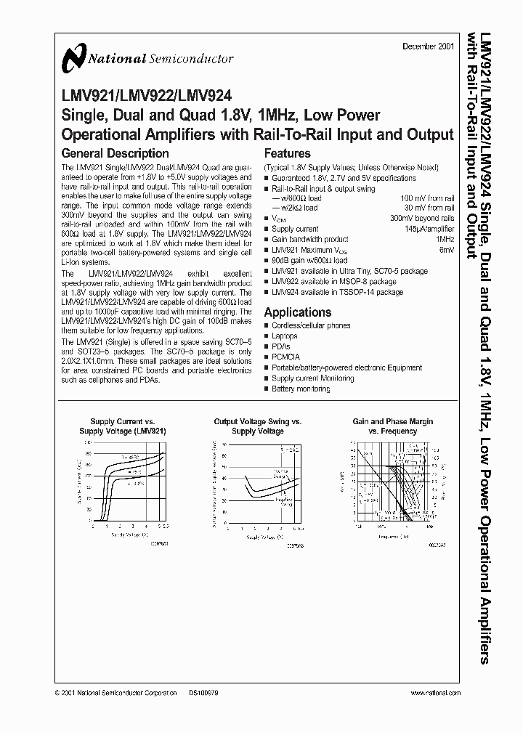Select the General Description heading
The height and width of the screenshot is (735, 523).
(115, 154)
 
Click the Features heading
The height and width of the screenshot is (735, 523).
(287, 154)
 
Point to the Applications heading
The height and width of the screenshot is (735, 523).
(297, 312)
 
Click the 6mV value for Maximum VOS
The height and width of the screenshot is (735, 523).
(447, 249)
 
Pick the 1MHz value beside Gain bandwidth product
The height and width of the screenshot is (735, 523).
(445, 239)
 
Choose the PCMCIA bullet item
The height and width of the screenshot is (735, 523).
(286, 357)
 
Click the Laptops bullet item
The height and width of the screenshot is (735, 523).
(285, 336)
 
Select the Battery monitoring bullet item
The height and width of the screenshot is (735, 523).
(301, 389)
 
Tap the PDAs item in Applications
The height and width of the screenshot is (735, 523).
(281, 347)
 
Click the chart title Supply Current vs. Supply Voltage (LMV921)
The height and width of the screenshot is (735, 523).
(122, 426)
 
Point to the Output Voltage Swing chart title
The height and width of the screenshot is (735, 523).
(258, 426)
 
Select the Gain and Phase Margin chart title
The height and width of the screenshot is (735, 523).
(393, 426)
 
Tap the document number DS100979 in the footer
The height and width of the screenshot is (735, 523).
(203, 694)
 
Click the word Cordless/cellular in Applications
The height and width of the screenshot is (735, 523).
(291, 326)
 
